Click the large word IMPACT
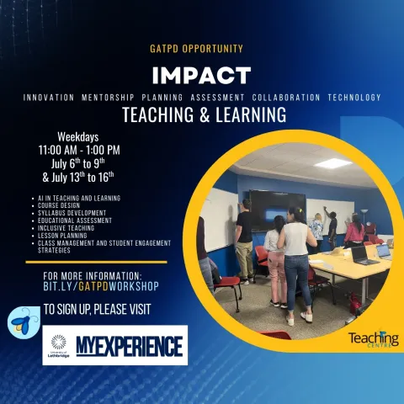pos(201,75)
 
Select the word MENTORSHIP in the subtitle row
pos(112,98)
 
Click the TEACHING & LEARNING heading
pos(204,114)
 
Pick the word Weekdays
pos(78,136)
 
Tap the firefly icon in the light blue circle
pos(20,321)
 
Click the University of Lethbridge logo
pos(58,345)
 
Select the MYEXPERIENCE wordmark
pos(130,345)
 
